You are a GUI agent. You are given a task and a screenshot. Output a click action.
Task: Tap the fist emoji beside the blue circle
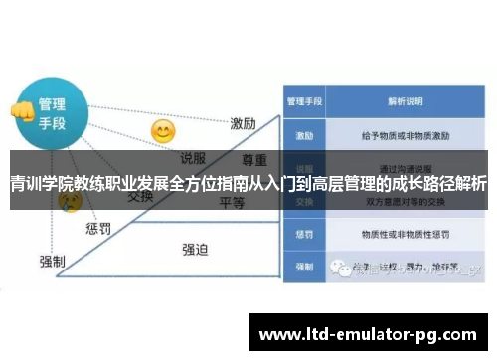(21, 111)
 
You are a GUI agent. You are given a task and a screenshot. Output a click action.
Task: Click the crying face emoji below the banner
(71, 202)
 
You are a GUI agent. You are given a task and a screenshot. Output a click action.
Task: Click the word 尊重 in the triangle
(254, 159)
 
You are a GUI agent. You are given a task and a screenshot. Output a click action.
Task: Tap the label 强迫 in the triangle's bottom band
(196, 249)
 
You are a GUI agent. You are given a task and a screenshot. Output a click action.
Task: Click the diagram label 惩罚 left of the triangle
(98, 229)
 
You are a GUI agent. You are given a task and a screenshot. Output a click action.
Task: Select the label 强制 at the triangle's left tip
(52, 261)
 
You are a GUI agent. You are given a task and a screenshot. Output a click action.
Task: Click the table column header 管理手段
(303, 101)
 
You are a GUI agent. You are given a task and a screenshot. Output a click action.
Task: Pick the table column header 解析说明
(405, 101)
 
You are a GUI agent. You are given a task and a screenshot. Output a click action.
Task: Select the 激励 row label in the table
(303, 134)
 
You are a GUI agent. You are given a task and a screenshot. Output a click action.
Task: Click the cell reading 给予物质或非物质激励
(405, 134)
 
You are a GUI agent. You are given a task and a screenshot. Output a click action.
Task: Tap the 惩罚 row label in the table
(303, 235)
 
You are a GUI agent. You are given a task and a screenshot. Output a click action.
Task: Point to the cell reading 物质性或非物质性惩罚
(405, 235)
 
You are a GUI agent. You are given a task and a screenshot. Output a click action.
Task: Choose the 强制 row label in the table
(303, 268)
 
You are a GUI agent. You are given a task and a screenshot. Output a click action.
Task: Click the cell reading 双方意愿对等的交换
(405, 202)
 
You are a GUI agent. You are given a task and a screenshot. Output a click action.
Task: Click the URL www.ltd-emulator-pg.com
(368, 333)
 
